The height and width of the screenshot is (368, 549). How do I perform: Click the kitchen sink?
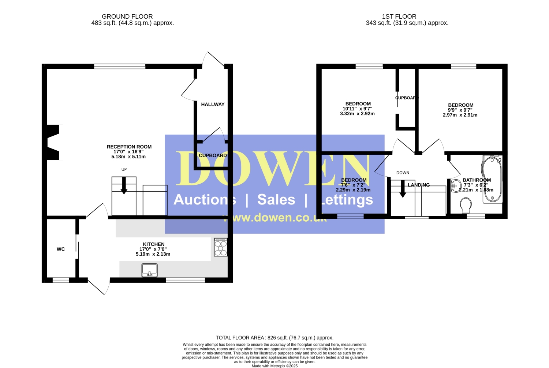tap(149, 270)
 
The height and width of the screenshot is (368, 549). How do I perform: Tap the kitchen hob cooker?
tap(221, 247)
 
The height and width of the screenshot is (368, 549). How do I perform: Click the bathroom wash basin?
tap(456, 186)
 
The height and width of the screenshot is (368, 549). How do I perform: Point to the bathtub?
tap(492, 179)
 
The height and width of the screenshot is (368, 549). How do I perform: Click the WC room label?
tap(61, 249)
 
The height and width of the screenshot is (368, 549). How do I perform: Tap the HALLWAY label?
tap(213, 104)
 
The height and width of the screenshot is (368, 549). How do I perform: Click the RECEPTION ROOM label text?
tap(129, 147)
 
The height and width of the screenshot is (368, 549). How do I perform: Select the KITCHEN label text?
tap(154, 244)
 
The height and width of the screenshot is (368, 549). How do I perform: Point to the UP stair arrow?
tap(124, 185)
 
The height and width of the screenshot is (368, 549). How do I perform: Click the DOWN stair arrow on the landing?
tap(403, 189)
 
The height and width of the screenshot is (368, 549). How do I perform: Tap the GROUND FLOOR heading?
tap(127, 17)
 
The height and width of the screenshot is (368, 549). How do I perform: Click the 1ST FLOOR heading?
tap(399, 17)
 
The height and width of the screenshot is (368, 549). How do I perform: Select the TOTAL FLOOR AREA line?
tap(274, 338)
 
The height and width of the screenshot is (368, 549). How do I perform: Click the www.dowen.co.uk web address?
tap(274, 218)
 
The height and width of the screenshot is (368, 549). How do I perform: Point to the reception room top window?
tap(120, 66)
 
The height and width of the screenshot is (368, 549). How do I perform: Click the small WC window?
tap(61, 280)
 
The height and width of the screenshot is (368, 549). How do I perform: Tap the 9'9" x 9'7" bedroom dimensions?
tap(460, 110)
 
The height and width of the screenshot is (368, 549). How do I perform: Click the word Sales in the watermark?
tap(276, 199)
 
